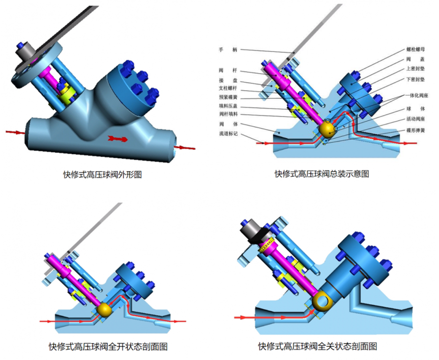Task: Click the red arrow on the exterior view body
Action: click(x=118, y=138)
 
